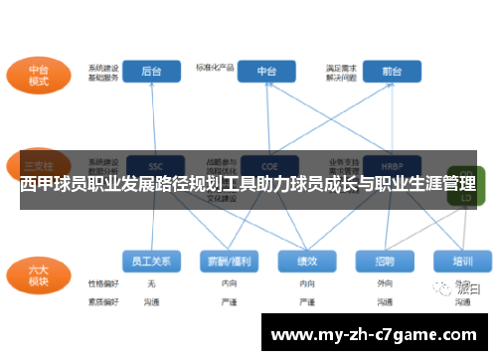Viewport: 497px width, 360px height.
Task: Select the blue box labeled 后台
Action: pos(152,72)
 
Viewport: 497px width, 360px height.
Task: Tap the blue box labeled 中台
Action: pos(267,72)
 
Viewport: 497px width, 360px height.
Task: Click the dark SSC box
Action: pos(154,165)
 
